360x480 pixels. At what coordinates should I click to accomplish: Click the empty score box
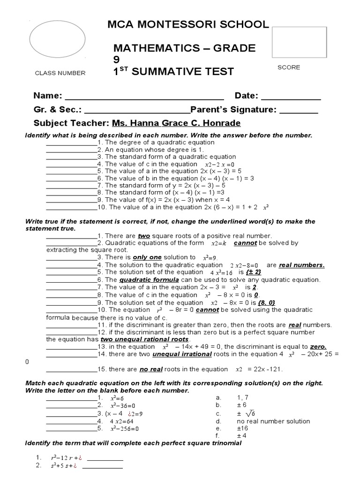coord(299,42)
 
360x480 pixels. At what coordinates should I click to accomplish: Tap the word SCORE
coord(289,67)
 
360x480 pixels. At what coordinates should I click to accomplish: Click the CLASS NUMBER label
coord(60,73)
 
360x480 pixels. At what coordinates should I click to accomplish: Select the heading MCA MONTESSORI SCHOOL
coord(188,25)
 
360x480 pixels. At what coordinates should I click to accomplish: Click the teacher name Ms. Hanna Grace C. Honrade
coord(176,123)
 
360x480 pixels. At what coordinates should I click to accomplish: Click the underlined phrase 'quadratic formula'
coord(149,280)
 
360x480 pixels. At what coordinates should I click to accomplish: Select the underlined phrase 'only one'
coord(147,257)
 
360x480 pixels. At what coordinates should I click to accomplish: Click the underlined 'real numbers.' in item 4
coord(302,265)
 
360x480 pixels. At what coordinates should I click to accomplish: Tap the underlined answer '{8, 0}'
coord(266,302)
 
